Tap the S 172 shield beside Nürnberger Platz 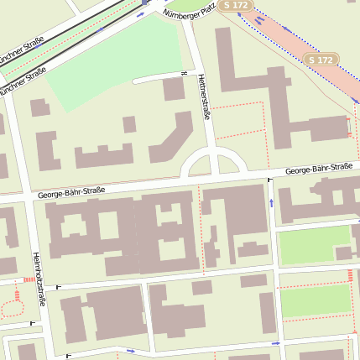pyautogui.click(x=235, y=6)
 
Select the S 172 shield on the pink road pyautogui.click(x=321, y=60)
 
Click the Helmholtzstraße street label pyautogui.click(x=38, y=278)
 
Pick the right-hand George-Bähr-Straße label pyautogui.click(x=318, y=169)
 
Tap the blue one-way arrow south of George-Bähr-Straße pyautogui.click(x=271, y=202)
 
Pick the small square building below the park pyautogui.click(x=173, y=89)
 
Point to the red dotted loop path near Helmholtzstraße pyautogui.click(x=11, y=307)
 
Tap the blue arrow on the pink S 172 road pyautogui.click(x=261, y=20)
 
